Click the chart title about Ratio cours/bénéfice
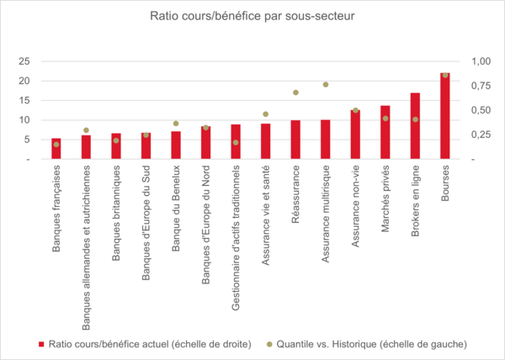pyautogui.click(x=252, y=16)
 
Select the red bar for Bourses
pyautogui.click(x=445, y=116)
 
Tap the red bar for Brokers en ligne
pyautogui.click(x=415, y=126)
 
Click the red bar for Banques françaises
pyautogui.click(x=56, y=149)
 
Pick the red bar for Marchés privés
pyautogui.click(x=385, y=133)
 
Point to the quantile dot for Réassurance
pyautogui.click(x=295, y=93)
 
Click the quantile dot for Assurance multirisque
pyautogui.click(x=325, y=85)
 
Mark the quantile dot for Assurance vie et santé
pyautogui.click(x=265, y=114)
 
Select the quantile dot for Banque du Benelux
pyautogui.click(x=176, y=124)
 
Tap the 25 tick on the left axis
pyautogui.click(x=25, y=61)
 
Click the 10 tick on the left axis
pyautogui.click(x=25, y=120)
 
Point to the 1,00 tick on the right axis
pyautogui.click(x=480, y=61)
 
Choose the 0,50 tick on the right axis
pyautogui.click(x=480, y=110)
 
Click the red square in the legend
pyautogui.click(x=41, y=344)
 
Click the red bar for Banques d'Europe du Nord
pyautogui.click(x=206, y=143)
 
